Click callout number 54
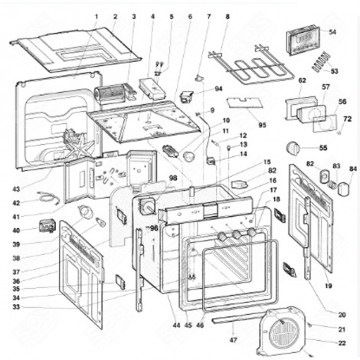point(332,32)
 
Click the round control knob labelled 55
point(293,147)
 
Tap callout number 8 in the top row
point(227,16)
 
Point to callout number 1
point(97,16)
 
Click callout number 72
point(347,119)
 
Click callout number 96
point(154,227)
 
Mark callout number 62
point(302,80)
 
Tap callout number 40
point(16,230)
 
